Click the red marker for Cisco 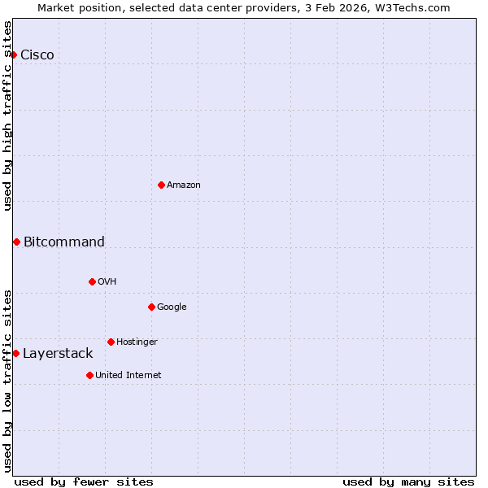click(14, 54)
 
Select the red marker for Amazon click(161, 185)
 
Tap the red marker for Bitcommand click(16, 242)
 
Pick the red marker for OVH click(92, 281)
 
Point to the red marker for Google click(151, 307)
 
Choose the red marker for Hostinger click(111, 342)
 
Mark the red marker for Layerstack click(15, 353)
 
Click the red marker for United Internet click(89, 375)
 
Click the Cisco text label click(37, 54)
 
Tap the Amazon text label click(184, 185)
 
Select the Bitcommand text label click(64, 242)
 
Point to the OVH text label click(107, 281)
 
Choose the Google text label click(172, 307)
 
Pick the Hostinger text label click(137, 342)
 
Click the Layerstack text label click(58, 353)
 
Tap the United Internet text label click(129, 375)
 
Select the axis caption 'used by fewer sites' click(84, 481)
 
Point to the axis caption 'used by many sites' click(408, 481)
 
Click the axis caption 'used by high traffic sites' click(7, 115)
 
